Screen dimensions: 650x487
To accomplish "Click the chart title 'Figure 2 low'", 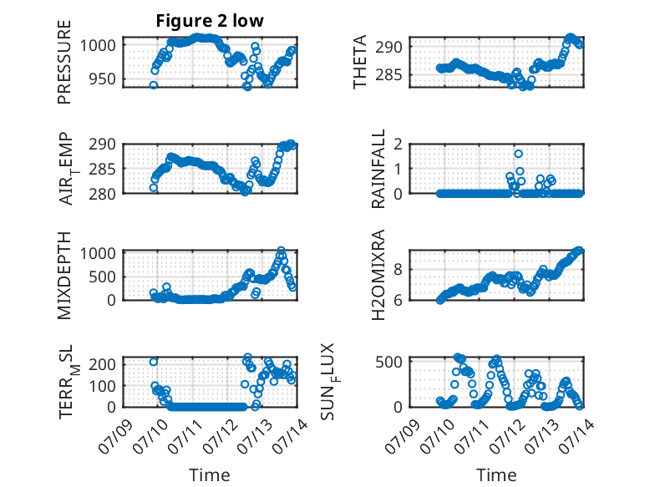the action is [210, 21].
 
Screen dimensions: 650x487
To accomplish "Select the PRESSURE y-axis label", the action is [64, 62].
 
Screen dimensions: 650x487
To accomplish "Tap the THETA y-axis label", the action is [360, 62].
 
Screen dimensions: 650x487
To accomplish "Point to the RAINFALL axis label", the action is [378, 169].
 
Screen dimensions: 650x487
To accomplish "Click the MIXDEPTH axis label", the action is [64, 276].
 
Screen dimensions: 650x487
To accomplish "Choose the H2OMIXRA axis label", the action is [378, 275].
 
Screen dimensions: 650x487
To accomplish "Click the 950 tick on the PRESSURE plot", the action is [103, 79].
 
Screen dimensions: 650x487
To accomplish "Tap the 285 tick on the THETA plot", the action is [388, 75].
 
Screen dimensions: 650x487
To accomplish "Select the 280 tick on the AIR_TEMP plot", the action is [103, 194].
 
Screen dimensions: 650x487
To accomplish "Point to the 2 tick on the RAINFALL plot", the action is [399, 145].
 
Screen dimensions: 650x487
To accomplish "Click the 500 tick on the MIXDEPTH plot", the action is [103, 276].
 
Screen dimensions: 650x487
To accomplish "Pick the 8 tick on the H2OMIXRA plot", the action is [399, 270].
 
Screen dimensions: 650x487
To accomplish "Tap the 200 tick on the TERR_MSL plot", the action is [103, 364].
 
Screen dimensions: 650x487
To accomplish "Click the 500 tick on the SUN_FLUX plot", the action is [388, 362].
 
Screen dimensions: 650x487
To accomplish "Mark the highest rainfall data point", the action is [518, 154].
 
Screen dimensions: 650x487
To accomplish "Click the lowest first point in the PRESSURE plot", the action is [154, 85].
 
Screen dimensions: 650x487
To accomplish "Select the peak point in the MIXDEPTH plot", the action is [281, 251].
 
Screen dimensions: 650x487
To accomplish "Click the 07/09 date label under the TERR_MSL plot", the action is [116, 436].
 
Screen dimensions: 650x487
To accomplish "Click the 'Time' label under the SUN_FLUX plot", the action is [496, 475].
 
